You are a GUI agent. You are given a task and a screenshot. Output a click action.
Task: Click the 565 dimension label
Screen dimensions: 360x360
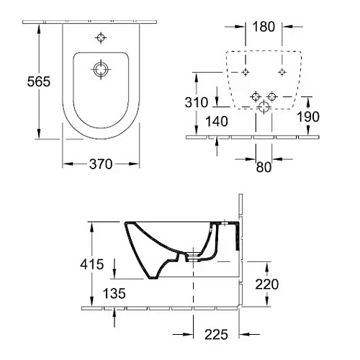39,81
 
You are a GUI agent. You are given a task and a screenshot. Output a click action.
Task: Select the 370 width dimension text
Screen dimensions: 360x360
101,164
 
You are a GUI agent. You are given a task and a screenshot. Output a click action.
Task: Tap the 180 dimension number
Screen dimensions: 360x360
264,27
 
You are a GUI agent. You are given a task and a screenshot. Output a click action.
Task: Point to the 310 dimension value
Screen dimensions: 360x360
197,102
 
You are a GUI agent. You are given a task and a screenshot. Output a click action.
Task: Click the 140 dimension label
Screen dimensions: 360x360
217,121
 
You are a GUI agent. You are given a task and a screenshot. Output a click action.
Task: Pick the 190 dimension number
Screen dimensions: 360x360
308,117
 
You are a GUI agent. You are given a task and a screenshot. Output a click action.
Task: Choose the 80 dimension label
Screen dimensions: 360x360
264,167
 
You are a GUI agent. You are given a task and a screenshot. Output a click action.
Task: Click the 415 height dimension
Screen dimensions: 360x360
92,264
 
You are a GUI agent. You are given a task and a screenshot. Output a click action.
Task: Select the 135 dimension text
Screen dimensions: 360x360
114,293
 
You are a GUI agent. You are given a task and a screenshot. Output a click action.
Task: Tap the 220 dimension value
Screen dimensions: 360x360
267,284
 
